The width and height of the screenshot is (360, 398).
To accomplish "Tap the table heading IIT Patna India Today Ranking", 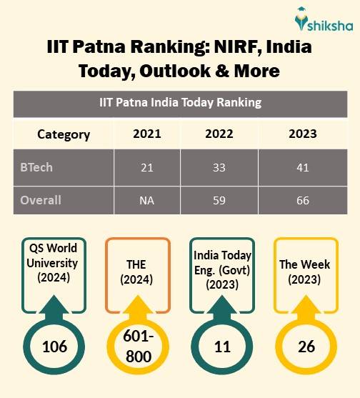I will (180, 102).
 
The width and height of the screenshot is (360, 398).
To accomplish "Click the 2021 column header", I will (147, 134).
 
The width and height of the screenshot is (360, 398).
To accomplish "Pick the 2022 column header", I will (219, 134).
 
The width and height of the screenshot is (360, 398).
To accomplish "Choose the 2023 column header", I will (303, 134).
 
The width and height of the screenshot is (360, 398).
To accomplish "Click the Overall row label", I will (39, 200).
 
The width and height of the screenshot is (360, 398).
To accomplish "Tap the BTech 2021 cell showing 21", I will (147, 167).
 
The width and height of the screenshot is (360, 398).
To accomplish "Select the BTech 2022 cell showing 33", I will (219, 167).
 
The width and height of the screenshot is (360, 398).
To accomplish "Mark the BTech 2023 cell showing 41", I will (303, 167).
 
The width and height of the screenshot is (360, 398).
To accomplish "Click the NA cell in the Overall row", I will (147, 200).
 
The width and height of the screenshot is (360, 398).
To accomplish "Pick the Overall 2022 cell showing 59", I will (219, 200).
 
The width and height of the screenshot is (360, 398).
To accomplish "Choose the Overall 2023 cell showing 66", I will (303, 200).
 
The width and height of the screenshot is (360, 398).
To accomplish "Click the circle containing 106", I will (54, 347).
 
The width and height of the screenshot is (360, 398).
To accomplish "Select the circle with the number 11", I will (221, 347).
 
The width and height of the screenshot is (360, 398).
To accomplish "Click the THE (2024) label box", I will (137, 271).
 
